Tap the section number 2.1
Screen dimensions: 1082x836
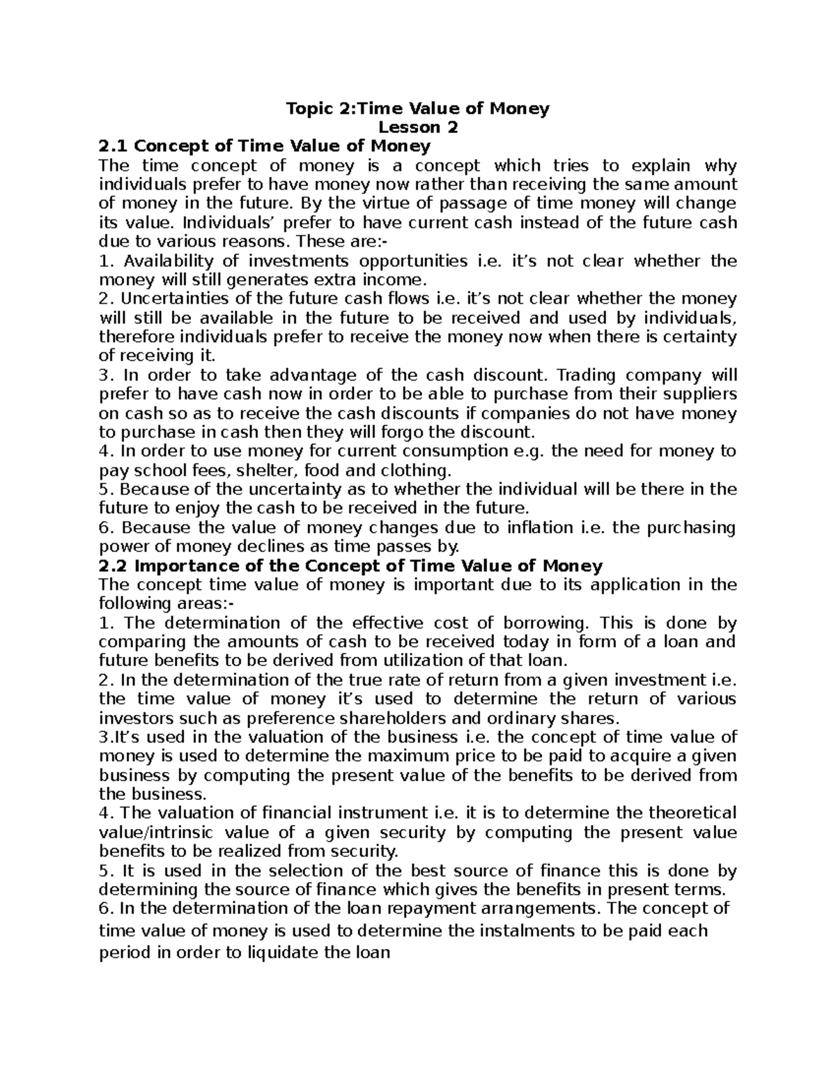(x=114, y=146)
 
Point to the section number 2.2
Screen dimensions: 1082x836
(x=114, y=565)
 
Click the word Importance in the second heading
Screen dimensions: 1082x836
(x=183, y=565)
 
